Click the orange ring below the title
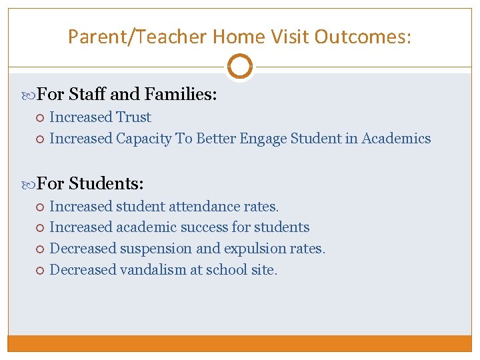239,66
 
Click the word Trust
133,117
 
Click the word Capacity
143,139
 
